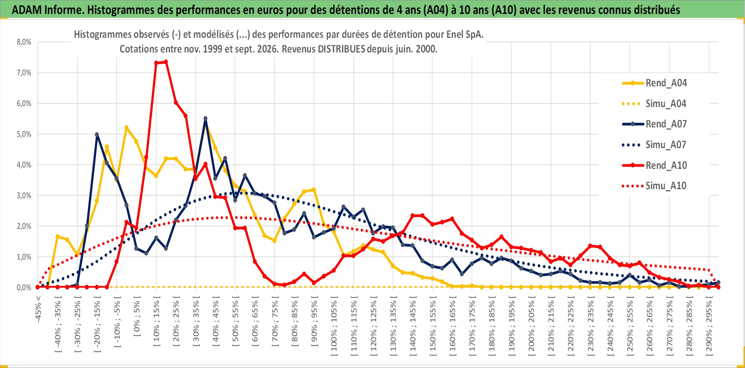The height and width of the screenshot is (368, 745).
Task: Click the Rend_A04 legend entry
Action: [654, 83]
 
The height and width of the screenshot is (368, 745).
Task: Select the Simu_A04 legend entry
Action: [654, 104]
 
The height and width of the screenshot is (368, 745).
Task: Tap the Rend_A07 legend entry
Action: [654, 124]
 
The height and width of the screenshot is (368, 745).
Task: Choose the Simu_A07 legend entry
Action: [654, 145]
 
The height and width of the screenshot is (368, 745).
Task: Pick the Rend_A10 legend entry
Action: [654, 165]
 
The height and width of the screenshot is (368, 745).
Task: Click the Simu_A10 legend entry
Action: [654, 186]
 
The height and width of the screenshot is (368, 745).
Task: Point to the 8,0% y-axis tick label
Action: [24, 42]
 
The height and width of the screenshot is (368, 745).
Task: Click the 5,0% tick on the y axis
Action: [24, 134]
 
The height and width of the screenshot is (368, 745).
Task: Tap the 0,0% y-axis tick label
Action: [24, 288]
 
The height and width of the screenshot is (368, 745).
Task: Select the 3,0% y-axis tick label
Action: [24, 196]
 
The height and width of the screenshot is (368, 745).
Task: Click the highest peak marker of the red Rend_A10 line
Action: [166, 62]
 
